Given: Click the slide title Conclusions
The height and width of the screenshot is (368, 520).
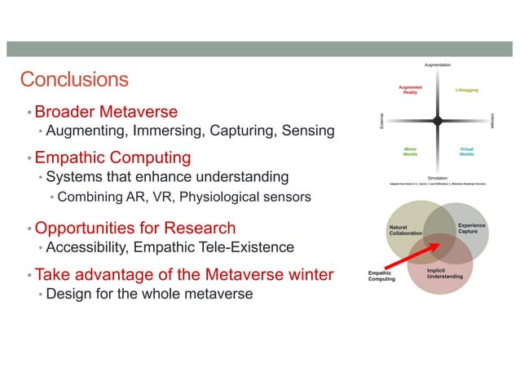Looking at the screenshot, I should [x=74, y=79].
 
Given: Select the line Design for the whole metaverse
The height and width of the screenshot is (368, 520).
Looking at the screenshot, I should [x=149, y=294].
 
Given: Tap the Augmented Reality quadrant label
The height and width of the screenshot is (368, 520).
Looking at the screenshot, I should [x=410, y=90].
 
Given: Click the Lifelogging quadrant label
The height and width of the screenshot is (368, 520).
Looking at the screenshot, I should [x=467, y=90].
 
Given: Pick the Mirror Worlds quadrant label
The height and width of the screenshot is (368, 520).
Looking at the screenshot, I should [x=411, y=152].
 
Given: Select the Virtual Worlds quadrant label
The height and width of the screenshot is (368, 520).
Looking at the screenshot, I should [x=467, y=152].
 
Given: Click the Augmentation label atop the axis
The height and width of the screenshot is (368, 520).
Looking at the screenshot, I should [x=438, y=64].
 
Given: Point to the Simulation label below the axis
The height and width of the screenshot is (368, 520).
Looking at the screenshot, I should [x=438, y=177].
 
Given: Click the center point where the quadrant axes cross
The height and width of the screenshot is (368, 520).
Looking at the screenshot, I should [x=438, y=121].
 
